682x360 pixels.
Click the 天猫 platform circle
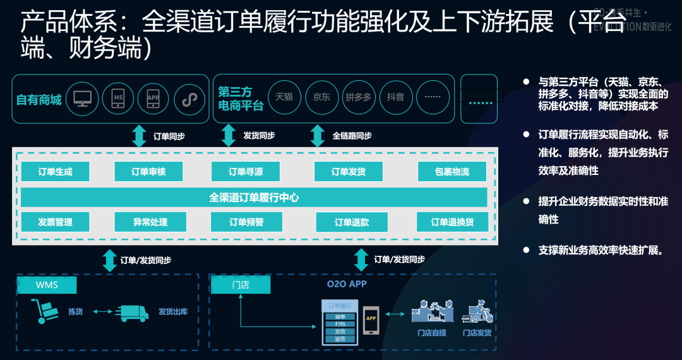(285, 98)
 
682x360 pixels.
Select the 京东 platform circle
(322, 98)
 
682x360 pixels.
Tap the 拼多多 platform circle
(359, 98)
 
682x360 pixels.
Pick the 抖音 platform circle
(395, 98)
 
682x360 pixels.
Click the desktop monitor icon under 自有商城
(83, 99)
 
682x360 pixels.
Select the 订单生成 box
(55, 172)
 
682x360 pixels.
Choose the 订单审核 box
(148, 172)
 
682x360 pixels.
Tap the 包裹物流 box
(452, 172)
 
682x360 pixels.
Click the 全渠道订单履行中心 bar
(254, 198)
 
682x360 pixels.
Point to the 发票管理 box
(55, 222)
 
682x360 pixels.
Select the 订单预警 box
(246, 222)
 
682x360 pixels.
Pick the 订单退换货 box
(452, 222)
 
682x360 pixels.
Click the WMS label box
(47, 285)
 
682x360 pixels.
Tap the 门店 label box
(241, 285)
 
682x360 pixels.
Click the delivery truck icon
(133, 313)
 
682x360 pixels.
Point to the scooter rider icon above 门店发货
(477, 312)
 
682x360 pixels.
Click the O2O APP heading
(347, 284)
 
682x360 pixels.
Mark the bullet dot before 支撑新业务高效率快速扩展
(526, 250)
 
